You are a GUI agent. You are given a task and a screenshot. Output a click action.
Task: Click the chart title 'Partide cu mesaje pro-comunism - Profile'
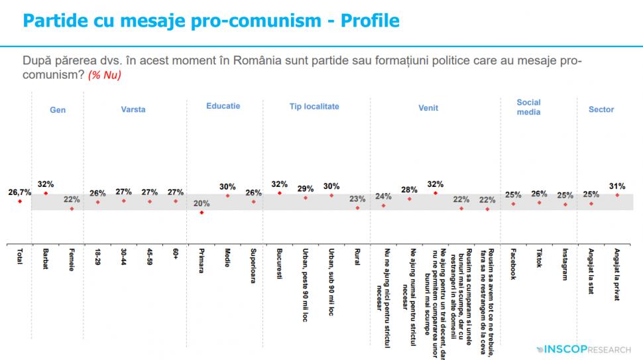tap(211, 21)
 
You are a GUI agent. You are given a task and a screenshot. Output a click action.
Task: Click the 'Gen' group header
tap(58, 110)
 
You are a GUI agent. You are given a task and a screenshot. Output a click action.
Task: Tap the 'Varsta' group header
tap(133, 109)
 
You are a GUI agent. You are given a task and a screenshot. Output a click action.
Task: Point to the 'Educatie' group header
tap(223, 106)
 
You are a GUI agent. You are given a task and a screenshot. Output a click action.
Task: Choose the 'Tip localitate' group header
tap(314, 106)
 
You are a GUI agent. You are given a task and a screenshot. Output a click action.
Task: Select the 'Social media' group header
tap(528, 107)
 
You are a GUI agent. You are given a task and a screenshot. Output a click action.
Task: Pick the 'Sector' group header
tap(601, 109)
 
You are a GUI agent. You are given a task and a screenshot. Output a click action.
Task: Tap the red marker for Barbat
tap(46, 194)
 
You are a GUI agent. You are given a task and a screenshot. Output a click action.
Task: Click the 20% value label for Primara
tap(201, 204)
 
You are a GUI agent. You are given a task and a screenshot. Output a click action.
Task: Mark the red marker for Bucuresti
tap(280, 194)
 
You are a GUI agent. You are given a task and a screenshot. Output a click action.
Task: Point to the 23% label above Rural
tap(357, 198)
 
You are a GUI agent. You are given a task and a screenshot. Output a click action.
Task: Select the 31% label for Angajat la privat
tap(617, 186)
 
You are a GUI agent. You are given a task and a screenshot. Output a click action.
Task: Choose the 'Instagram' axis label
tap(565, 264)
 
